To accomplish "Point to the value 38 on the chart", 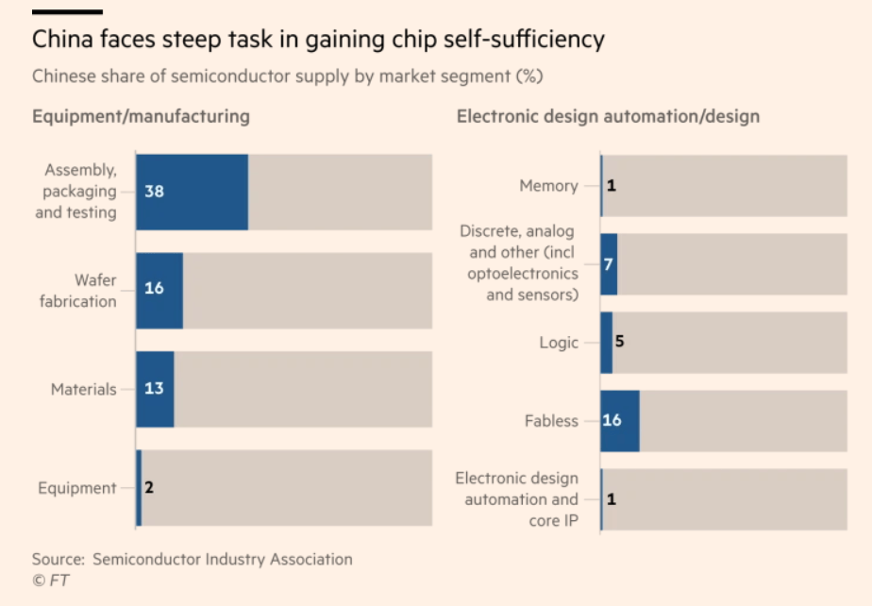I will (x=155, y=192).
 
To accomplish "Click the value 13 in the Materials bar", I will (x=154, y=389).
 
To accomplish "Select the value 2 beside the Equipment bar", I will (x=149, y=488).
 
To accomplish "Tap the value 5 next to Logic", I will (x=619, y=341).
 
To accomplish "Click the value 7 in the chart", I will (x=608, y=264).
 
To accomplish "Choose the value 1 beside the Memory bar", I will (x=611, y=186).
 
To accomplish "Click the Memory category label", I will (x=548, y=186).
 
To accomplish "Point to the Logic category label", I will (x=559, y=343).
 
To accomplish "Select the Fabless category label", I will (x=551, y=421).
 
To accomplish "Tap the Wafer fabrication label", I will (x=78, y=291).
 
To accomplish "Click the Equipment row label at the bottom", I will (x=77, y=488).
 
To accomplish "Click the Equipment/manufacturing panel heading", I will (x=141, y=117).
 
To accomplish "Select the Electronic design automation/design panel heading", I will (x=608, y=117).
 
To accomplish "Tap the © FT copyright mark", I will (x=52, y=580).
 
